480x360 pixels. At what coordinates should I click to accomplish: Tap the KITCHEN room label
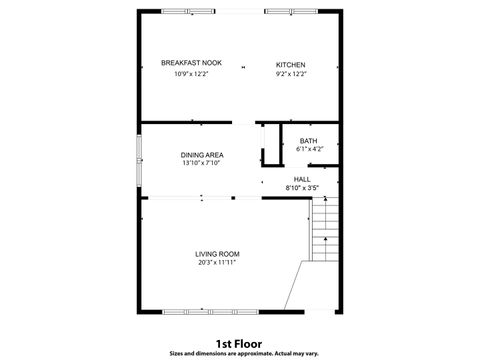291,64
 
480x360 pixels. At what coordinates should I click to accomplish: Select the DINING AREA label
202,154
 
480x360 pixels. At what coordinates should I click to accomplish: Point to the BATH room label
308,141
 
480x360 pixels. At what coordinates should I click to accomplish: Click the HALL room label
301,179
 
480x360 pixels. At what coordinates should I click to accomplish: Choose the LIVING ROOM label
217,254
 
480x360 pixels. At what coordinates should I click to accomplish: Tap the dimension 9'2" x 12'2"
291,74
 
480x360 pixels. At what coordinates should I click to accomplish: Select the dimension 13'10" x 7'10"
202,163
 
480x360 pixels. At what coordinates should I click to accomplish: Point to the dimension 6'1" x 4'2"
308,150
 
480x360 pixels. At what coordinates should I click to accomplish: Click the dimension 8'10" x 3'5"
301,188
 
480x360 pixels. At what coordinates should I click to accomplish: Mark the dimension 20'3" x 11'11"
217,263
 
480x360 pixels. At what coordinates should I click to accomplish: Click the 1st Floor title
239,342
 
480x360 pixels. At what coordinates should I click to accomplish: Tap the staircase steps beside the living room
326,230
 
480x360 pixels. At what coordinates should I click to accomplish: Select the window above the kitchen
291,11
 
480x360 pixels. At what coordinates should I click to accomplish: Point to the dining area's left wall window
140,159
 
